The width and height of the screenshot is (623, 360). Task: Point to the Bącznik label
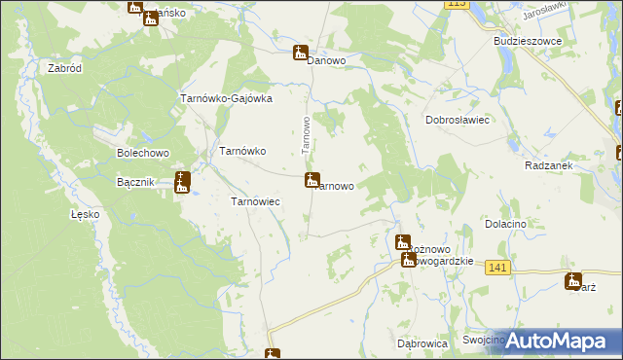click(x=136, y=183)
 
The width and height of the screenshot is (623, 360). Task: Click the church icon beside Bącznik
click(x=182, y=182)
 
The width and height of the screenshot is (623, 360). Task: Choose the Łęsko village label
click(x=86, y=214)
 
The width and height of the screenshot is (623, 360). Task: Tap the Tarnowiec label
click(x=255, y=201)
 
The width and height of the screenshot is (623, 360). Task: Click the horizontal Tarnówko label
click(x=243, y=151)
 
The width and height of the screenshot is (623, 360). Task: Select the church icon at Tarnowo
click(x=311, y=180)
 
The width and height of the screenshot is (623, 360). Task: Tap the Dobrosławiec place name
click(x=457, y=120)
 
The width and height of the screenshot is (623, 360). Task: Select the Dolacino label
click(x=505, y=224)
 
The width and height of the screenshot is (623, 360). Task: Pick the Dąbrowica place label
click(x=421, y=343)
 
